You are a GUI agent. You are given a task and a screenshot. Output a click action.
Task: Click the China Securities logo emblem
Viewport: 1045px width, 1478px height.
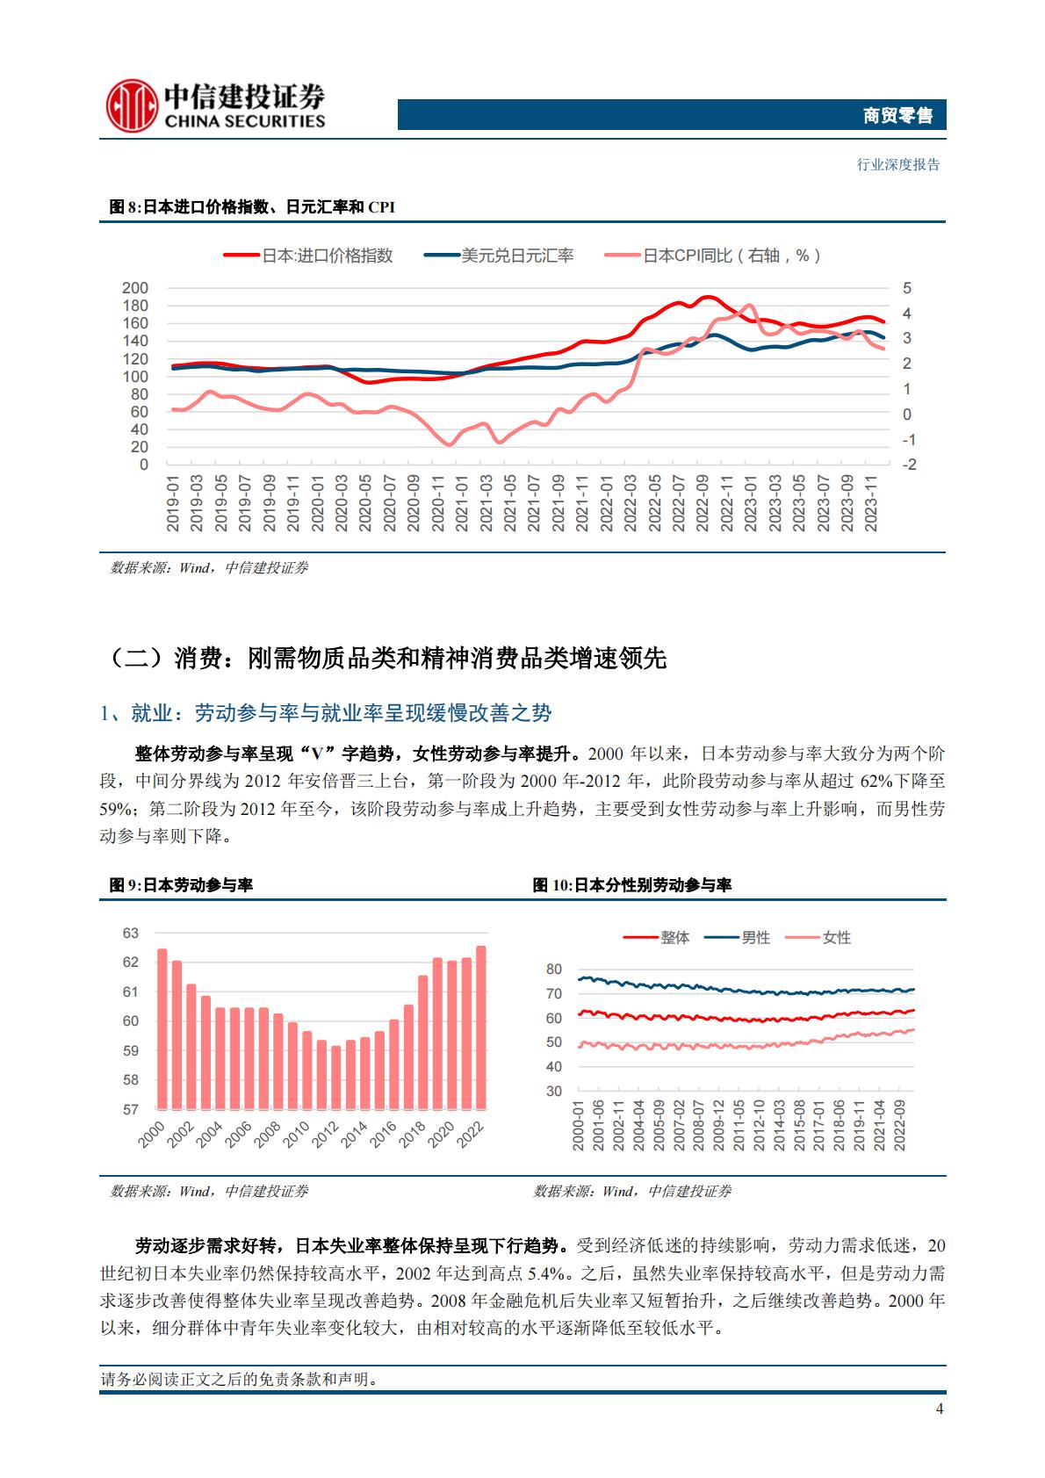pyautogui.click(x=132, y=106)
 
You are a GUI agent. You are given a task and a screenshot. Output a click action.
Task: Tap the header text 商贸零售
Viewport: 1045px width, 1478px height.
pyautogui.click(x=897, y=115)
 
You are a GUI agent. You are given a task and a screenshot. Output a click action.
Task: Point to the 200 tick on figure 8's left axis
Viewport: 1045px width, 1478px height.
pyautogui.click(x=135, y=288)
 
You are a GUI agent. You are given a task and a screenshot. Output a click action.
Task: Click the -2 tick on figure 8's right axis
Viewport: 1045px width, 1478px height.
pyautogui.click(x=908, y=465)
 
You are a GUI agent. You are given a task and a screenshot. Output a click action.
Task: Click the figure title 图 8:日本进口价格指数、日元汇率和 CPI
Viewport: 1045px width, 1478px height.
pyautogui.click(x=252, y=207)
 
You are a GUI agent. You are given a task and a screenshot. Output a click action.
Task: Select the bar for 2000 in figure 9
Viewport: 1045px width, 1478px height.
pyautogui.click(x=162, y=1028)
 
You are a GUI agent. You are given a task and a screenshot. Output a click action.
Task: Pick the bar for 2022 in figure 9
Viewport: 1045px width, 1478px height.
pyautogui.click(x=480, y=1027)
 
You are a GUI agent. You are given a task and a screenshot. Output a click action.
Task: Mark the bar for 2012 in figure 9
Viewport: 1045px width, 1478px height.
pyautogui.click(x=335, y=1077)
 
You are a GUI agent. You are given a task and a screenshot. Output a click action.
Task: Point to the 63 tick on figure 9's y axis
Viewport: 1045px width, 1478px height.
pyautogui.click(x=131, y=933)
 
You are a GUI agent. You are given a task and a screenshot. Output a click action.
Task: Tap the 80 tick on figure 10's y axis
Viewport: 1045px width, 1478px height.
pyautogui.click(x=553, y=970)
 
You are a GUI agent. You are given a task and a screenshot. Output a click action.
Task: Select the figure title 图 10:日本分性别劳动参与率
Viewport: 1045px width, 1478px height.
pyautogui.click(x=632, y=885)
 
